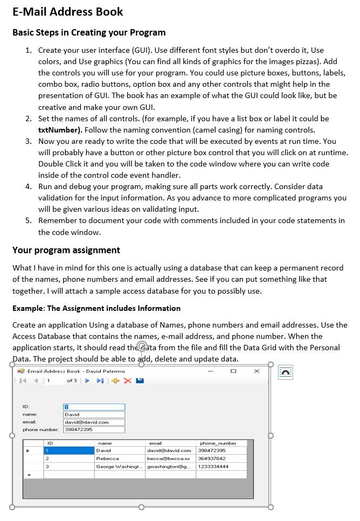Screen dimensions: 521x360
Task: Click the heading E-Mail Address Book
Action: pyautogui.click(x=67, y=12)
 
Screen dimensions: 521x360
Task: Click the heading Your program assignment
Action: pyautogui.click(x=66, y=250)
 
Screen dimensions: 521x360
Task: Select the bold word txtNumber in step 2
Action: pyautogui.click(x=59, y=130)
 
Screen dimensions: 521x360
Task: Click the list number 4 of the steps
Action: pyautogui.click(x=29, y=186)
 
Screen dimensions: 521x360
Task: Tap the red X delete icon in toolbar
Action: pyautogui.click(x=127, y=381)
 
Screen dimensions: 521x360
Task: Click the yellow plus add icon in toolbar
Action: pyautogui.click(x=115, y=381)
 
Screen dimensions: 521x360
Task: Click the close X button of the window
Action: pyautogui.click(x=257, y=371)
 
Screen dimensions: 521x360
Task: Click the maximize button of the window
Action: pyautogui.click(x=233, y=371)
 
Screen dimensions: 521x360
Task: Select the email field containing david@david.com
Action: pyautogui.click(x=94, y=422)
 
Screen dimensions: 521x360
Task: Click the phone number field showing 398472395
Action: pyautogui.click(x=94, y=430)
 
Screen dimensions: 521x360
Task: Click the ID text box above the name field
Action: pyautogui.click(x=94, y=407)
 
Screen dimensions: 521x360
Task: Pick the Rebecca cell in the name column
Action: pyautogui.click(x=120, y=459)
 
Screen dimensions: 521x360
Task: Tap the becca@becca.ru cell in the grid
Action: pyautogui.click(x=169, y=459)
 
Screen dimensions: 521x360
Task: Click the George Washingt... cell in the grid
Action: pyautogui.click(x=120, y=467)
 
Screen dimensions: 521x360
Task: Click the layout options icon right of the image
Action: pyautogui.click(x=286, y=372)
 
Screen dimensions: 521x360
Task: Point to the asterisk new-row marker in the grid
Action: pyautogui.click(x=29, y=475)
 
